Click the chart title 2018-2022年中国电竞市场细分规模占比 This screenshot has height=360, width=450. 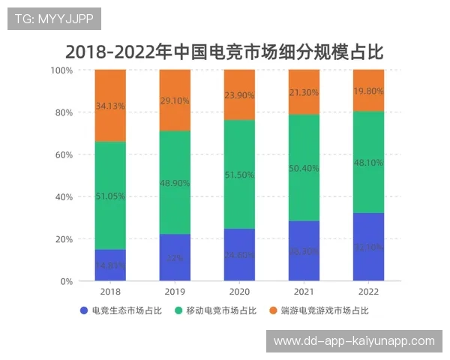224,52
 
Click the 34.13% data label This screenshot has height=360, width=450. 110,106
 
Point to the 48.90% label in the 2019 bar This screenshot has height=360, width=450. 175,183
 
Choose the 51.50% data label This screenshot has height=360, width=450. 239,175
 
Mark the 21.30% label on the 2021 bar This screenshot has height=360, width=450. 304,91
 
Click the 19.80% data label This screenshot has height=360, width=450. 368,91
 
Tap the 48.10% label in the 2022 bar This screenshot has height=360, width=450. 368,162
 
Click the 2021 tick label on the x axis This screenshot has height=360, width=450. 304,292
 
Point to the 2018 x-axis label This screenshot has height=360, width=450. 110,292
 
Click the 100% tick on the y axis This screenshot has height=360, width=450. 61,70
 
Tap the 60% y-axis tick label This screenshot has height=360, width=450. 64,154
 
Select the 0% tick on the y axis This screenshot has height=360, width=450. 66,281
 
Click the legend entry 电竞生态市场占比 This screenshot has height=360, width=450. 121,310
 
